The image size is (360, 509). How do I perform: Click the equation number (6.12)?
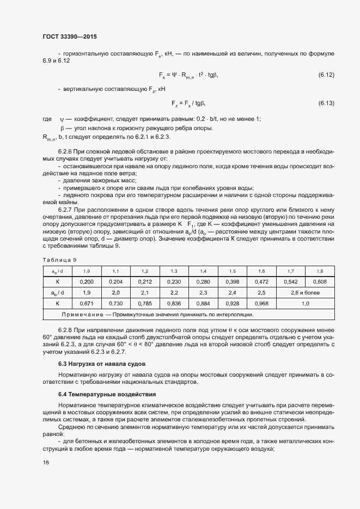(x=326, y=74)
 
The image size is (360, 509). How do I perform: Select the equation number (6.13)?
(x=326, y=103)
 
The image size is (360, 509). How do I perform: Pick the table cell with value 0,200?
(x=87, y=282)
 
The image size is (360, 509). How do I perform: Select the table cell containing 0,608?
(x=320, y=282)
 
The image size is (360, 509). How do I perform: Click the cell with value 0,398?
(x=232, y=282)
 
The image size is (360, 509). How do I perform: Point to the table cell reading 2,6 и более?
(x=305, y=293)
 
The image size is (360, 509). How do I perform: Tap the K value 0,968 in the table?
(x=261, y=304)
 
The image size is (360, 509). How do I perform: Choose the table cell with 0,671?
(x=87, y=304)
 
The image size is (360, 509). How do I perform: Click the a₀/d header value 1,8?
(x=320, y=271)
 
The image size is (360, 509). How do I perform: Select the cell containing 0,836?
(x=174, y=304)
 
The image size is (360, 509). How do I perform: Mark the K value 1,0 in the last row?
(x=305, y=304)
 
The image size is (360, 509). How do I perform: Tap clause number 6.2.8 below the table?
(x=65, y=330)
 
